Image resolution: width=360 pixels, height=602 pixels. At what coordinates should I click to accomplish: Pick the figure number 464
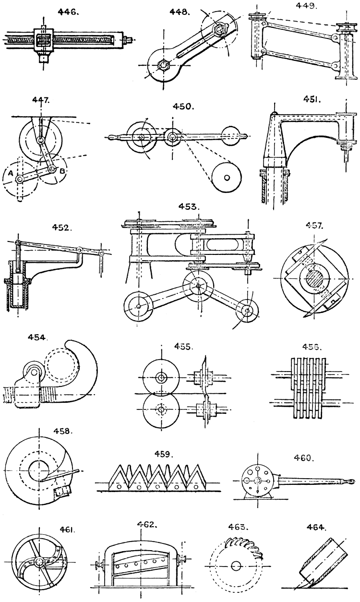coord(317,527)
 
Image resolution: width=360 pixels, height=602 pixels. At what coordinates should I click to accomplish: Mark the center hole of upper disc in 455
coord(160,377)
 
